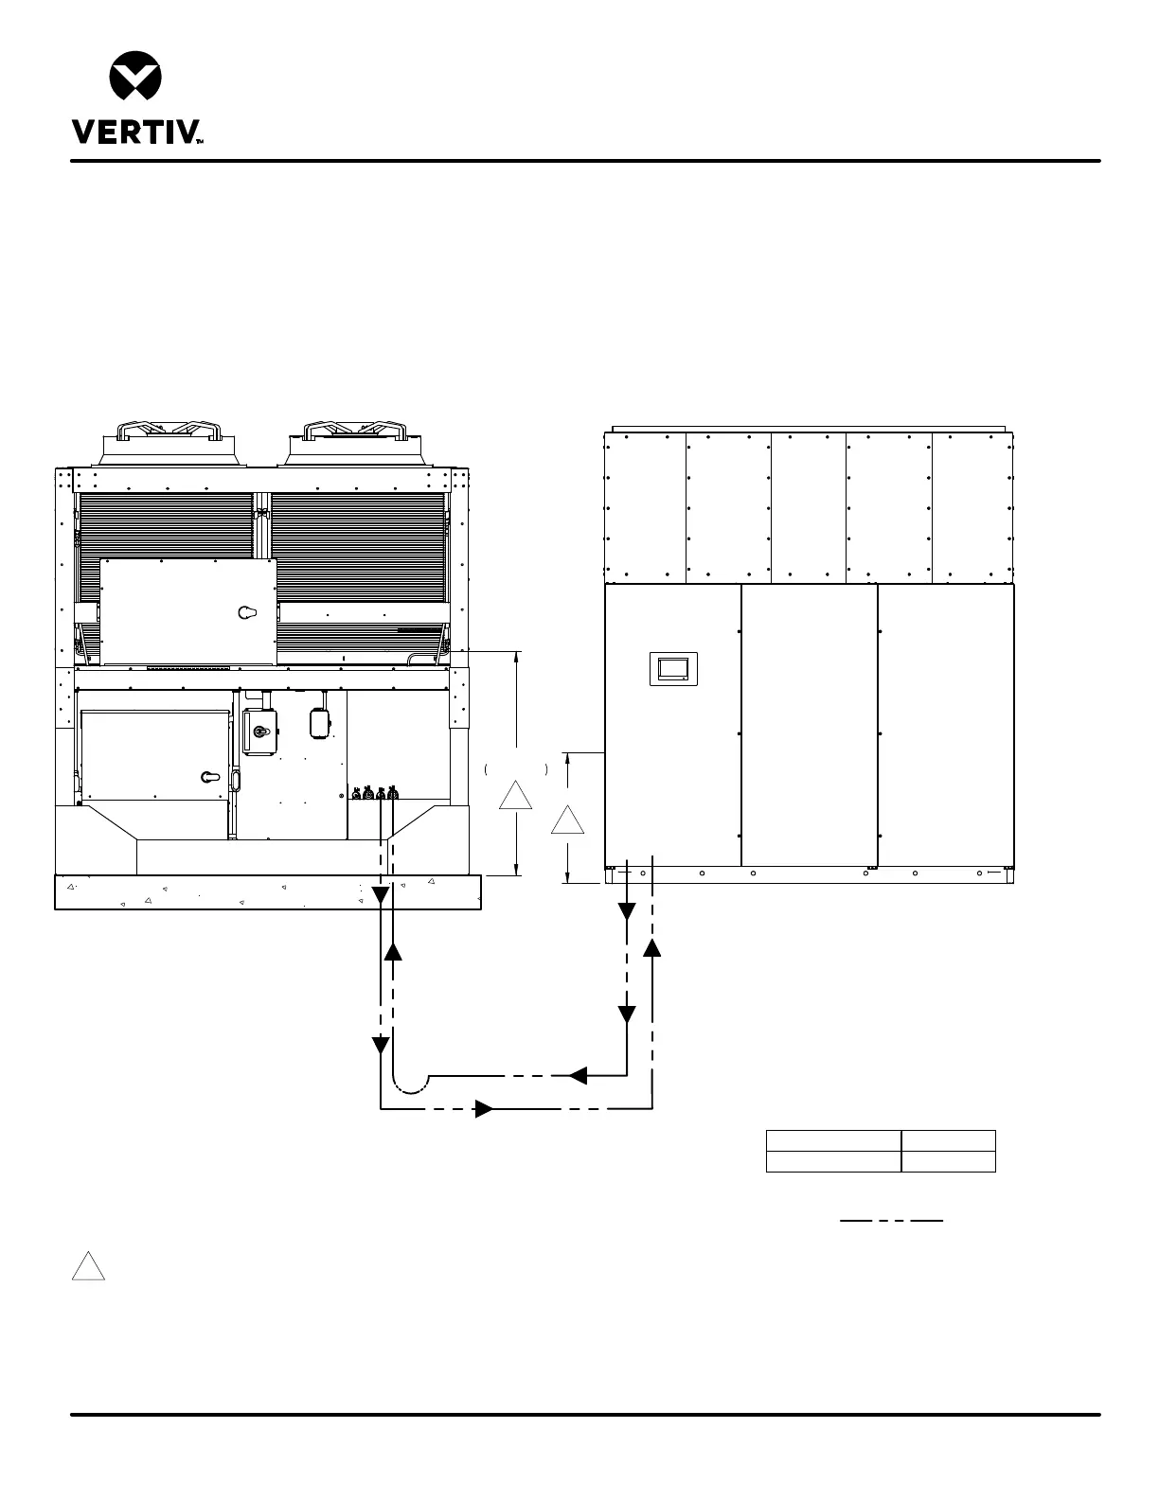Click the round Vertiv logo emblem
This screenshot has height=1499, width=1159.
(x=135, y=75)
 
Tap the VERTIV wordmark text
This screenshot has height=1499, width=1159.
(x=137, y=132)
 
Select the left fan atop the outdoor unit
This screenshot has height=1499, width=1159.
(x=169, y=444)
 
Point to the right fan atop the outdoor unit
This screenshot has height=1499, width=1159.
(x=355, y=444)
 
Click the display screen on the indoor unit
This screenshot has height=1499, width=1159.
(x=673, y=668)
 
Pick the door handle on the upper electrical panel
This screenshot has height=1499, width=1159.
(x=247, y=612)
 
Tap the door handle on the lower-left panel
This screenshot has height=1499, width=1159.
(x=210, y=777)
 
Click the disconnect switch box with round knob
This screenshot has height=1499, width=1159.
(x=260, y=732)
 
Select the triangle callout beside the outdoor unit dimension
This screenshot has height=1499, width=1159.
(x=516, y=795)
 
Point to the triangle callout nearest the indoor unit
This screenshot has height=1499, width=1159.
(x=567, y=820)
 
